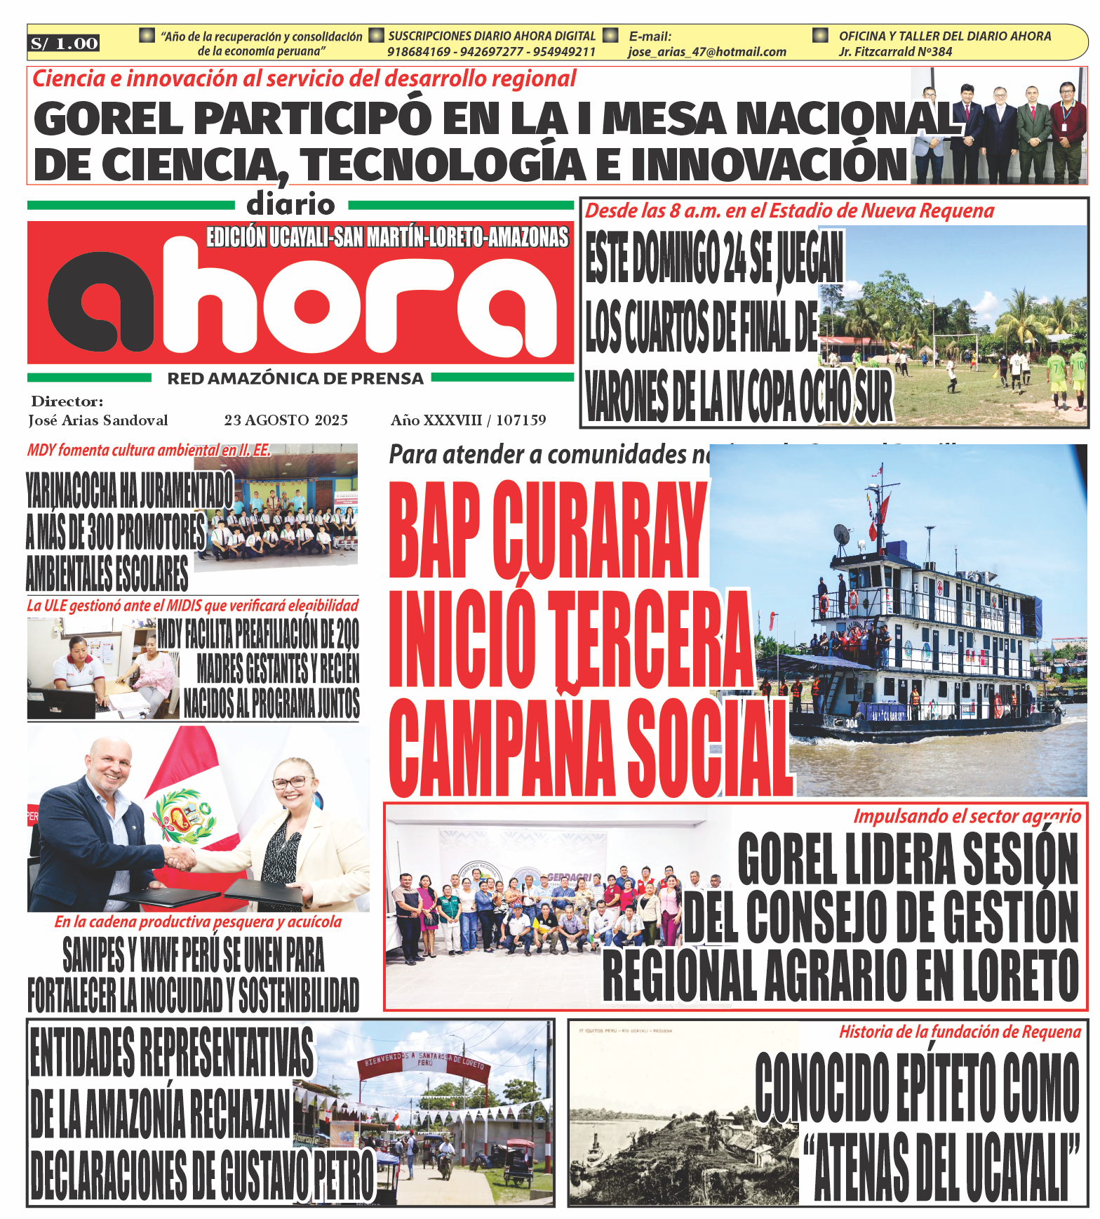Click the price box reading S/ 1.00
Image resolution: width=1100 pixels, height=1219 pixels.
[x=64, y=44]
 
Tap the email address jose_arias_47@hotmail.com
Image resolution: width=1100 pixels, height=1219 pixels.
[x=706, y=52]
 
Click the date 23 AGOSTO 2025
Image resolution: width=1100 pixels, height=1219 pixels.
[x=286, y=420]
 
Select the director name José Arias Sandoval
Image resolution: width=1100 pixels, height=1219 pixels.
[x=98, y=420]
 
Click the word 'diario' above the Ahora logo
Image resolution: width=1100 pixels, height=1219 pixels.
[x=290, y=204]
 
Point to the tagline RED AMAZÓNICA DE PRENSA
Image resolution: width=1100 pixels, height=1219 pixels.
[x=295, y=379]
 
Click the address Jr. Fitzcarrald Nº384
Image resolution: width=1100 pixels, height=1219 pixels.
[x=895, y=52]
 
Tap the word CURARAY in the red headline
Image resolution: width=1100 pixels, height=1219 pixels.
[x=599, y=531]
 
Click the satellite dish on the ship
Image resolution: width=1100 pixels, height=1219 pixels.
[x=841, y=533]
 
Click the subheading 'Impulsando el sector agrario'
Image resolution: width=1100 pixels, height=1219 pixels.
[x=967, y=816]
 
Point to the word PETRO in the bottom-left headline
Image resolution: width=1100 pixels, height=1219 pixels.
[x=342, y=1175]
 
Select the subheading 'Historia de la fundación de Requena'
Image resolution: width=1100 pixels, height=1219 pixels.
[x=960, y=1032]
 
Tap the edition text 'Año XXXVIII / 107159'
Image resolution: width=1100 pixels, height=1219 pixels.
[x=468, y=420]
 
